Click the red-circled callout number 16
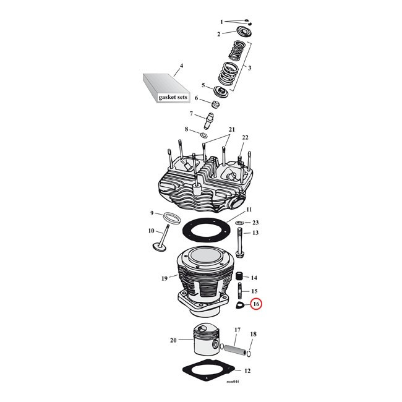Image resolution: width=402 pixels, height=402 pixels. (256, 304)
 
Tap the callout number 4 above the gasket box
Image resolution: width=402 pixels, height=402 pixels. (181, 66)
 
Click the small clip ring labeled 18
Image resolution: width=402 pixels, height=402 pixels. (249, 354)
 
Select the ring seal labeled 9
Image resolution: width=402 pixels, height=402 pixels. (171, 218)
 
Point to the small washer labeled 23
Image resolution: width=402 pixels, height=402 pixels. (239, 222)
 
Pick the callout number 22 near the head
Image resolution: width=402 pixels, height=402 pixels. (245, 137)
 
